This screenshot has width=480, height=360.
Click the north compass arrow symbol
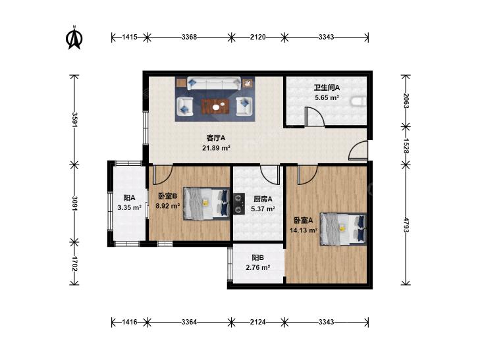tap(74, 38)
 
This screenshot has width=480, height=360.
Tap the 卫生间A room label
tap(327, 88)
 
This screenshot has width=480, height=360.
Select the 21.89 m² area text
tap(216, 148)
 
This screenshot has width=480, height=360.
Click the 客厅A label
tap(216, 138)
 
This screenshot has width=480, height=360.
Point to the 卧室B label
tap(168, 195)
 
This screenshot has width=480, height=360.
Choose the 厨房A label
tap(263, 199)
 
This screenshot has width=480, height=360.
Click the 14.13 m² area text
tap(304, 230)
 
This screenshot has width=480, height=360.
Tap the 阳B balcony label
tap(257, 257)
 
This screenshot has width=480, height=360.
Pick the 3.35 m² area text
tap(129, 208)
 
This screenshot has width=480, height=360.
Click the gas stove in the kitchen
tap(239, 203)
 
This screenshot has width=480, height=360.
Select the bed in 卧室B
tap(207, 204)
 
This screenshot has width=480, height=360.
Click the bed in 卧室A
tap(343, 229)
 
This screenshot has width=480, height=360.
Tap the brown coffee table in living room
tap(215, 107)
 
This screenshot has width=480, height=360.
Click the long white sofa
tap(213, 84)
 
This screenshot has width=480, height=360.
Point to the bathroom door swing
tap(314, 116)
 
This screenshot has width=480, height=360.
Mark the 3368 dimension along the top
tap(189, 38)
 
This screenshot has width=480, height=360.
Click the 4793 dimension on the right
tap(406, 225)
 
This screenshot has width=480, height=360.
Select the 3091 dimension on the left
tap(74, 203)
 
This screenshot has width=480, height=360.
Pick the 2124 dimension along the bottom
tap(257, 322)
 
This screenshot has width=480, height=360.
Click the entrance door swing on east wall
tap(358, 151)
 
